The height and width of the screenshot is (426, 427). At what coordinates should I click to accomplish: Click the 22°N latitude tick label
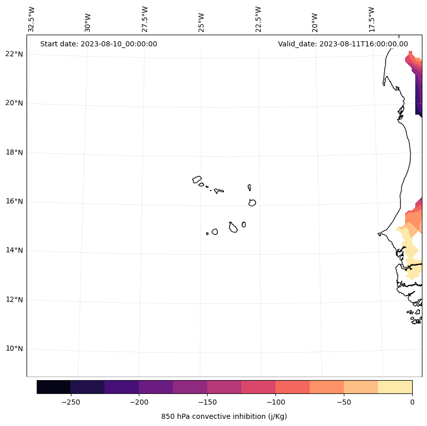pos(14,54)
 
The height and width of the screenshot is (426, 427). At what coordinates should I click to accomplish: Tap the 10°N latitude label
pos(14,349)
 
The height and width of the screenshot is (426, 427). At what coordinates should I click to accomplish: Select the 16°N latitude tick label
pos(14,201)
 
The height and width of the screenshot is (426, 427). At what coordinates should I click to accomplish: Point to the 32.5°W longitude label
pos(32,19)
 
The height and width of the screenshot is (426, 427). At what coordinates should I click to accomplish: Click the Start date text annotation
pos(98,44)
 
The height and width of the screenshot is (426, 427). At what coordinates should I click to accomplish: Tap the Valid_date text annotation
pos(343,44)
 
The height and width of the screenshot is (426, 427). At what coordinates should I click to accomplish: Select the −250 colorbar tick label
pos(70,402)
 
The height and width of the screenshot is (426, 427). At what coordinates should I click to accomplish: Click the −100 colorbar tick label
pos(275,402)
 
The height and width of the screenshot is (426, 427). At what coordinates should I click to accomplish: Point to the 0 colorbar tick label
pos(412,402)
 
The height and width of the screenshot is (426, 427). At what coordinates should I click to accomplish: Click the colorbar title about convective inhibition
pos(224,416)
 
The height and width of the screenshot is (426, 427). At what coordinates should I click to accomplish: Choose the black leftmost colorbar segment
pos(54,387)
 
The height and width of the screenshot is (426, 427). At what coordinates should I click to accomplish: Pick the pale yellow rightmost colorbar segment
pos(395,387)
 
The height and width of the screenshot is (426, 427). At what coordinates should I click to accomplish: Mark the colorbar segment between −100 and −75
pos(292,387)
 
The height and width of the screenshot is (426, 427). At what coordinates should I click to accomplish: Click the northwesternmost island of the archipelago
pos(197,179)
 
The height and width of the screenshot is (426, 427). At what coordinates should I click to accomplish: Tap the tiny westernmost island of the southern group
pos(207,233)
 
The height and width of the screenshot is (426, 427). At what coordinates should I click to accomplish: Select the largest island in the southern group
pos(233,228)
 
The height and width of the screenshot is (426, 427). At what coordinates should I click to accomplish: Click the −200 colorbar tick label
pos(139,402)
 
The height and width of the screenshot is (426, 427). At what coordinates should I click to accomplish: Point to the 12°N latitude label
pos(14,300)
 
